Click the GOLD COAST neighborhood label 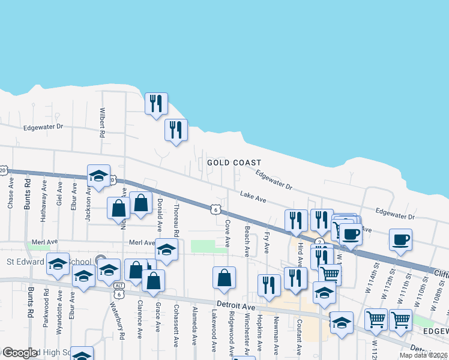tap(234, 163)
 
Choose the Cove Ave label tap(228, 233)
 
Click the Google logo tap(20, 353)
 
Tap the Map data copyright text tap(423, 355)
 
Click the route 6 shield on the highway tap(214, 209)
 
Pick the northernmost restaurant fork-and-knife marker tap(155, 103)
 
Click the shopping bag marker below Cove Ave tap(224, 277)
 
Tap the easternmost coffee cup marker tap(400, 239)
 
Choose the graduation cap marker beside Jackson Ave tap(98, 175)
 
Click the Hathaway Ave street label tap(44, 203)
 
